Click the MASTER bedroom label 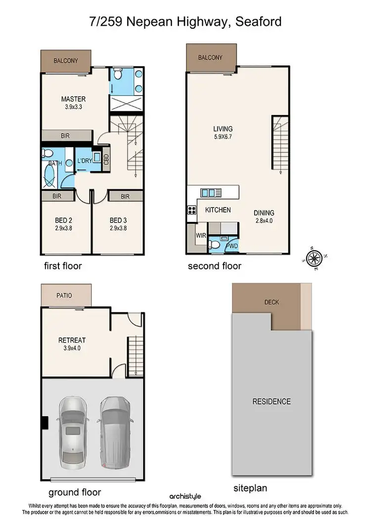click(x=73, y=99)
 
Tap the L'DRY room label click(x=84, y=161)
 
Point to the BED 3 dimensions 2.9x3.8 click(x=119, y=228)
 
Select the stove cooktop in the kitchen click(x=191, y=210)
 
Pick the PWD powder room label click(x=232, y=245)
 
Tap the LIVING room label click(x=220, y=129)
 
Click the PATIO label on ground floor click(x=64, y=296)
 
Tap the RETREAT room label click(x=72, y=340)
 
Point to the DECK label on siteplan click(x=272, y=301)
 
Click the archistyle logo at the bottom click(x=185, y=496)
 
